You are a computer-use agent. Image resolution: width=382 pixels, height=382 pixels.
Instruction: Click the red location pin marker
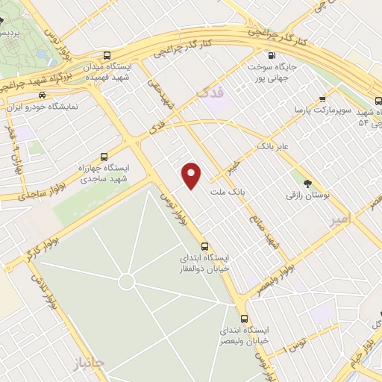coord(192,175)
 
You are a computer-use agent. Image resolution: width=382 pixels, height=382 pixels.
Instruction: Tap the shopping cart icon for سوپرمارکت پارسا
coord(322,98)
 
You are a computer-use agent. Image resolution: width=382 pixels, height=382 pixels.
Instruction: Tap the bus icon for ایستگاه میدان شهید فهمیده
coord(108,55)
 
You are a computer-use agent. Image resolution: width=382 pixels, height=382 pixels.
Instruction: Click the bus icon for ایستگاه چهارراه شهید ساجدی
coord(103,157)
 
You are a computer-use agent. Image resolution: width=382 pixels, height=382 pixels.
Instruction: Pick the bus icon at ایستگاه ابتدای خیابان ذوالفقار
coord(204,247)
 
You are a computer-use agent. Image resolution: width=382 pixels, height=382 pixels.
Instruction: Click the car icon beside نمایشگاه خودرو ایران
coord(41,95)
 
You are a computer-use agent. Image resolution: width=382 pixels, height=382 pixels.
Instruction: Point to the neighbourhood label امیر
coord(339,221)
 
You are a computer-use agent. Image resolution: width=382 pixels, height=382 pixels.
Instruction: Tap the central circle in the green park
coord(126,281)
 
